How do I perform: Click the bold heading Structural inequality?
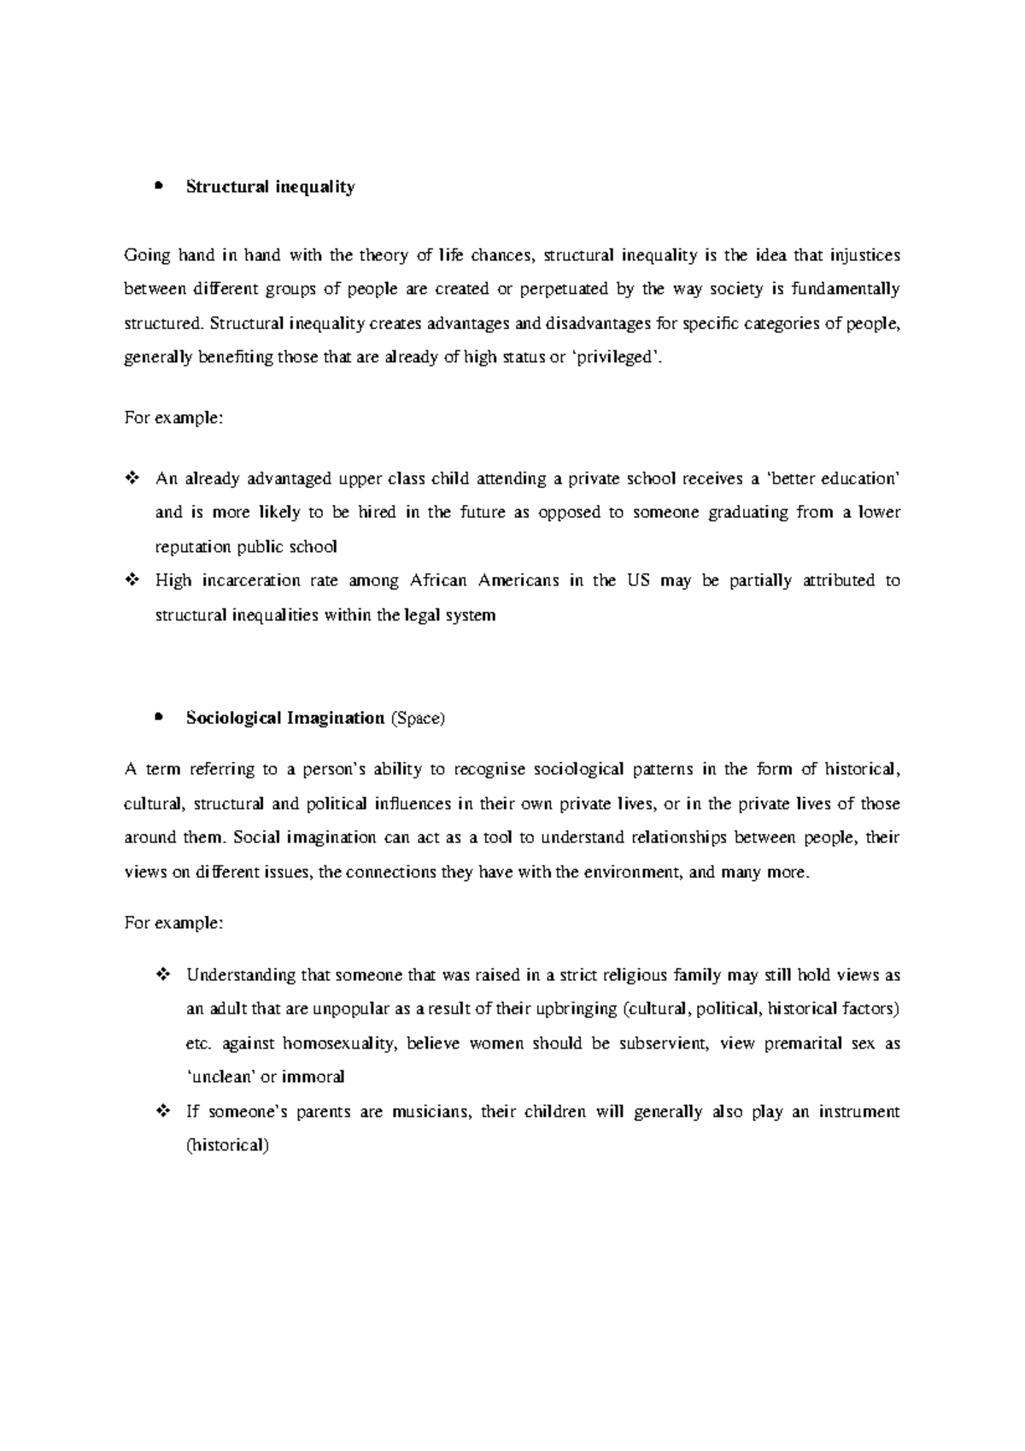270,187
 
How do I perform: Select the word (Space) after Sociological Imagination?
418,719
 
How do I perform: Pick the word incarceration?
258,581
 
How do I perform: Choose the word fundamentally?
846,289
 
